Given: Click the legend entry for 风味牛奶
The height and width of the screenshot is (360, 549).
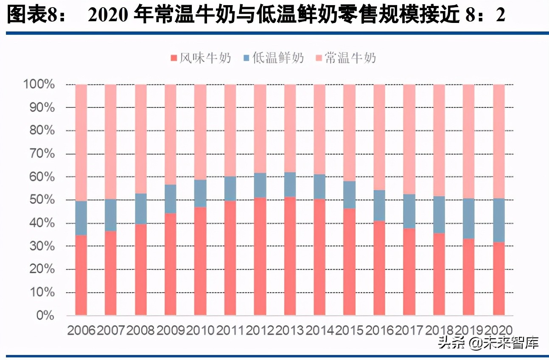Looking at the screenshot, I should (200, 58).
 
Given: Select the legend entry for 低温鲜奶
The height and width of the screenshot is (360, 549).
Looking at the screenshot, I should (273, 58).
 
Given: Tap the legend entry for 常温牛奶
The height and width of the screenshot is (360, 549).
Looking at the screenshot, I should (345, 58).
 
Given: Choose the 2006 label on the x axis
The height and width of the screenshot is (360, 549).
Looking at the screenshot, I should (81, 330).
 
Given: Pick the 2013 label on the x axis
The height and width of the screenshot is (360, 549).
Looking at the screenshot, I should (290, 330).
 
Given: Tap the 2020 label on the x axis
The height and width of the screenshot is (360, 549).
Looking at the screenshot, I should (499, 330).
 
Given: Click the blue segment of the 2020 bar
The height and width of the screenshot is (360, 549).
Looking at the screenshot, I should (499, 220).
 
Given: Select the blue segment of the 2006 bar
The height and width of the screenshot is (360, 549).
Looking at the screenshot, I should (81, 218).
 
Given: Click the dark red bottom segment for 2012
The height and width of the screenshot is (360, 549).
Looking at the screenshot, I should (260, 256).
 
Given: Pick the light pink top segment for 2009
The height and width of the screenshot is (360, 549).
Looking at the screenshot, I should (171, 135).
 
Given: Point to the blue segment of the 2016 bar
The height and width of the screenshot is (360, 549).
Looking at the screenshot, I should (379, 205).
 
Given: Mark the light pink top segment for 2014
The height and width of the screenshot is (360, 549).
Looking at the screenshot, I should (320, 129).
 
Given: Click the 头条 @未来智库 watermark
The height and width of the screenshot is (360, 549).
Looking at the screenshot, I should (488, 343).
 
